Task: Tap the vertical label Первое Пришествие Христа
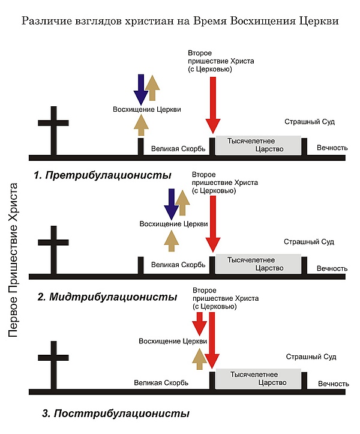tap(13, 260)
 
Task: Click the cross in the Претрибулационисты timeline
tap(53, 130)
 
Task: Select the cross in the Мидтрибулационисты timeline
tap(53, 250)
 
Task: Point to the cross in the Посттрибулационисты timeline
tap(53, 365)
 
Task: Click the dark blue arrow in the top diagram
tap(141, 89)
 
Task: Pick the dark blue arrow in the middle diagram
tap(171, 204)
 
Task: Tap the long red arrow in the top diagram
tap(213, 105)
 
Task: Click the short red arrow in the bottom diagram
tap(199, 324)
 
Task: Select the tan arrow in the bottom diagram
tap(199, 359)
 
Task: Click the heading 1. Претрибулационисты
tap(103, 175)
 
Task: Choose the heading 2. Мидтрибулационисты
tap(107, 297)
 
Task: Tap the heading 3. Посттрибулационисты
tap(116, 414)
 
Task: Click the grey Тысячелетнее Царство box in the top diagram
tap(258, 145)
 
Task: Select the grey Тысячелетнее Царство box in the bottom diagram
tap(258, 379)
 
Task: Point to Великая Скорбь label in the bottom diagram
tap(161, 383)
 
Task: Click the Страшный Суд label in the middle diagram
tap(309, 242)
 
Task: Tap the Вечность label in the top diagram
tap(332, 148)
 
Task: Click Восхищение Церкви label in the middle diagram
tap(173, 224)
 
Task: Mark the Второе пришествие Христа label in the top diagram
tap(221, 61)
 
